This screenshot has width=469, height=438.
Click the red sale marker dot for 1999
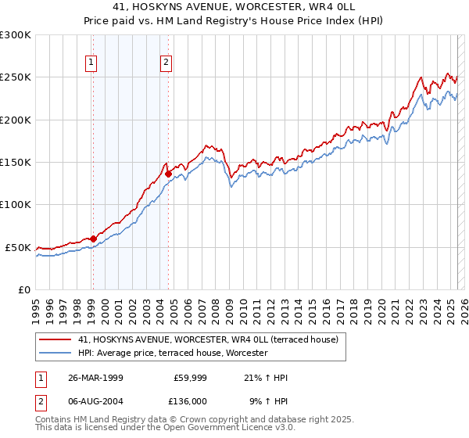(x=93, y=239)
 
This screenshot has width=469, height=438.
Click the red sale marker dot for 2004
(x=168, y=174)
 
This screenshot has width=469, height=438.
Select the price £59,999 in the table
(x=188, y=378)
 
